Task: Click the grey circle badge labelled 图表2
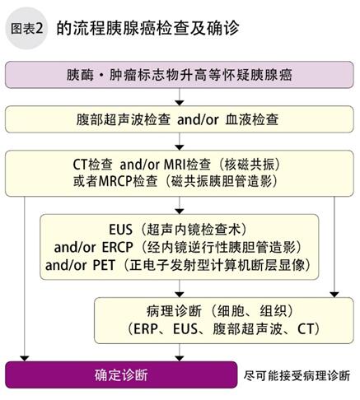click(26, 28)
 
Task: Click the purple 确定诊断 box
click(121, 374)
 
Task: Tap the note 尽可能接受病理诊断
click(297, 375)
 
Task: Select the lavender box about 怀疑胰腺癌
click(180, 75)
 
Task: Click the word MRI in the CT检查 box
click(175, 165)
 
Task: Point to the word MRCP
click(115, 181)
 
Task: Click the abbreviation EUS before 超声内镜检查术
click(120, 230)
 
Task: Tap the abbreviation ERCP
click(117, 247)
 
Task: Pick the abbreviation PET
click(104, 265)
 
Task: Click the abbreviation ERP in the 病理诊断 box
click(146, 328)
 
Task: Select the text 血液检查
click(252, 119)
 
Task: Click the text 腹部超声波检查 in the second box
click(124, 119)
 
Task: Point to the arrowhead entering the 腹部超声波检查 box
click(180, 103)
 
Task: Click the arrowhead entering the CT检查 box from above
click(180, 147)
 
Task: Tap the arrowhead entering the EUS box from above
click(180, 212)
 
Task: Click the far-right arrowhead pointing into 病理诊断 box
click(334, 295)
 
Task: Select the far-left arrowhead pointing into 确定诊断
click(25, 358)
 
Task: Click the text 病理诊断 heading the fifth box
click(175, 311)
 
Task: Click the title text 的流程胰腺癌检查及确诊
click(147, 28)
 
